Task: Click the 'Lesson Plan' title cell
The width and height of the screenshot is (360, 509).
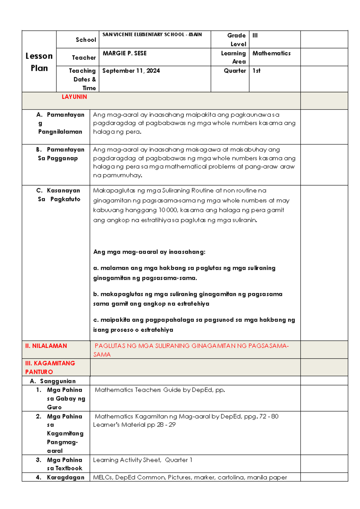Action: click(39, 62)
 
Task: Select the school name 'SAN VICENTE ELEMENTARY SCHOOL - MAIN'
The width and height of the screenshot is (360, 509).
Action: click(152, 35)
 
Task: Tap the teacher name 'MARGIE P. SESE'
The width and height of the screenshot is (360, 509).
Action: click(124, 53)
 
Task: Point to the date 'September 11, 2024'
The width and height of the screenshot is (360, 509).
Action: click(131, 71)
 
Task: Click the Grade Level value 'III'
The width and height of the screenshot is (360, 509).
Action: click(255, 35)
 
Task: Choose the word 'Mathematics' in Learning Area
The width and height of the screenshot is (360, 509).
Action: click(271, 53)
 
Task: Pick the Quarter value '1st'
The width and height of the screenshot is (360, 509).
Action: click(256, 71)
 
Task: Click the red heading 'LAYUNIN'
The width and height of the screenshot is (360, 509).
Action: click(74, 97)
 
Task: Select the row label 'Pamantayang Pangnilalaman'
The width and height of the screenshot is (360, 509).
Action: click(60, 123)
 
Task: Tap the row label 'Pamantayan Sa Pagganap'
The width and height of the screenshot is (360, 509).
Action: click(60, 154)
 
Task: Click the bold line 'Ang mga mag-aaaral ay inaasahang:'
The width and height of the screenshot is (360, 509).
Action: click(149, 252)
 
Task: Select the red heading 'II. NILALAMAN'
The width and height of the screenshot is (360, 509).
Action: click(46, 346)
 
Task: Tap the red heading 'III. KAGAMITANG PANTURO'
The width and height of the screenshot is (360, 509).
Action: click(50, 367)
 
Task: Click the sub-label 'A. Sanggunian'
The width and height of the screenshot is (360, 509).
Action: click(53, 381)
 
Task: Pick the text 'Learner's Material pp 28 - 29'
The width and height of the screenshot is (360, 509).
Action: click(134, 425)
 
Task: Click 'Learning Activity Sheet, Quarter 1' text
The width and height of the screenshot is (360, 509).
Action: click(142, 460)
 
